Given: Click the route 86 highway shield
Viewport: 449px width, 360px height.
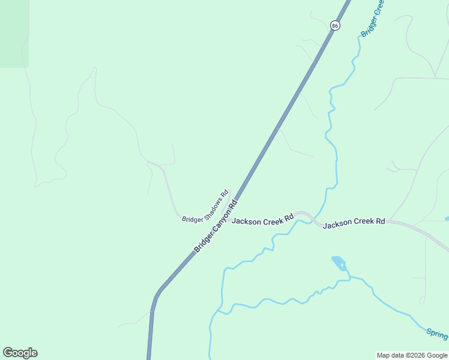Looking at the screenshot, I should [335, 25].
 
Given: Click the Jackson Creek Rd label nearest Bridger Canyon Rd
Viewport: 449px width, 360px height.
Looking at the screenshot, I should [262, 220].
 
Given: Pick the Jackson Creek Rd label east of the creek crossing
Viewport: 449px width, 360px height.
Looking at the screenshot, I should [354, 223].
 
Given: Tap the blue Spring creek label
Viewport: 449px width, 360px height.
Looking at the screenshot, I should [437, 333].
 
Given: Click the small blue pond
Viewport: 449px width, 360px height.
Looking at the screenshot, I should [339, 262].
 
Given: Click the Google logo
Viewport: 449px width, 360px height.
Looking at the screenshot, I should [20, 353].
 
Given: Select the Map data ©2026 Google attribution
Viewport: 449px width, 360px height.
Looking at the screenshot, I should [412, 355].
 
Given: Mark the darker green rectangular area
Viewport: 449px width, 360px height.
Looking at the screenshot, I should [14, 33].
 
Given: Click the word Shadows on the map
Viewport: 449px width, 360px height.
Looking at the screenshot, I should [213, 204].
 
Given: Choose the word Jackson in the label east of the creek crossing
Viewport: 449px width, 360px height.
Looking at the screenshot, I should [337, 224].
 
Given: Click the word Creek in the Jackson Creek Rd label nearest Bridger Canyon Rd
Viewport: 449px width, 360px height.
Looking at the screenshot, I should [273, 219].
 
